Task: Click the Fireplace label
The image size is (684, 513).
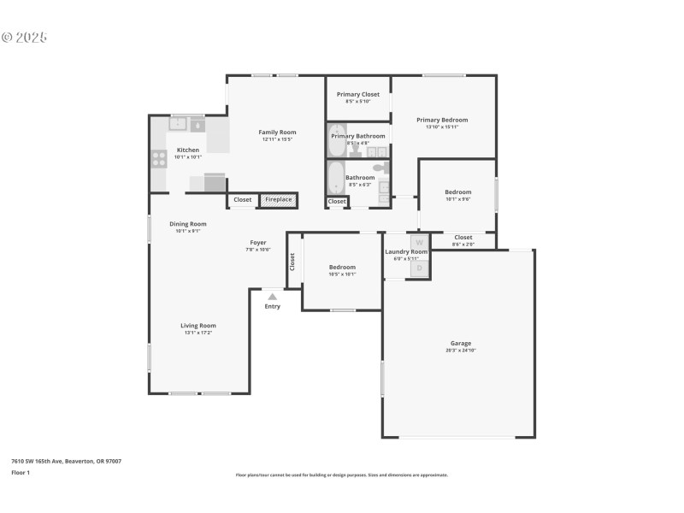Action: point(279,200)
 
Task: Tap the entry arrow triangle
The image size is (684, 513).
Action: point(272,297)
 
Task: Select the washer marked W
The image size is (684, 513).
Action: point(419,243)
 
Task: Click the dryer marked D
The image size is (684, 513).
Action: point(419,268)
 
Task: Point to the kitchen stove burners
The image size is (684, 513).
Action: point(158,158)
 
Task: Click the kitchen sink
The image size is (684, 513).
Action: point(178,125)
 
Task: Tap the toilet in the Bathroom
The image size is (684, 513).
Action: point(380,168)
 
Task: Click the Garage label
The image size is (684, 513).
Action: point(461,343)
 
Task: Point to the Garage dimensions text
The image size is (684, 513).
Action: point(461,351)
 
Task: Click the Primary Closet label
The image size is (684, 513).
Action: point(357,94)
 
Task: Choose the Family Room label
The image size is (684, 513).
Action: point(278,132)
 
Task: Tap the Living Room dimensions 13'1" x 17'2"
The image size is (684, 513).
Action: point(198,333)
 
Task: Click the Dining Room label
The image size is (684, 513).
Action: point(187,224)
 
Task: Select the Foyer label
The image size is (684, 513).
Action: point(258,242)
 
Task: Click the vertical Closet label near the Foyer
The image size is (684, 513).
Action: point(292,262)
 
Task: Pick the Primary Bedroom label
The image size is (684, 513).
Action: point(442,120)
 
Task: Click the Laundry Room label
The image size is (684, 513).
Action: point(406,251)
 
